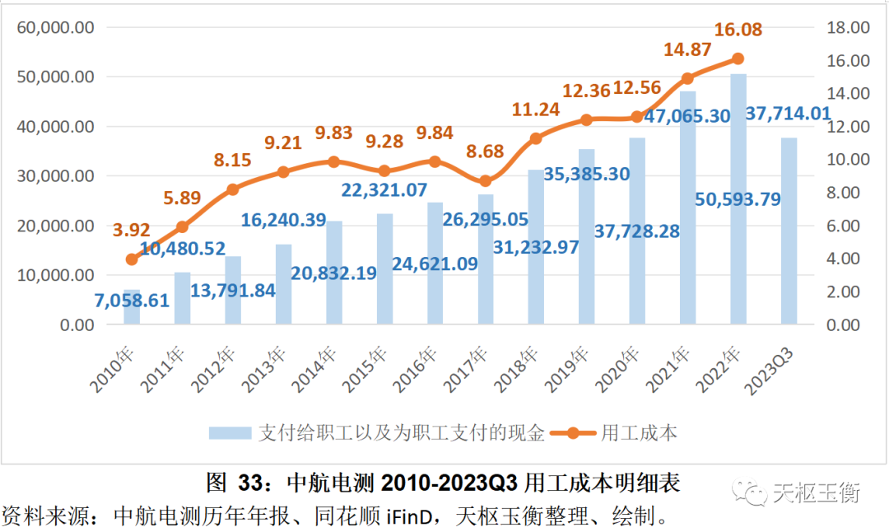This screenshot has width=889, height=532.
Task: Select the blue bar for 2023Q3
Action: coord(789,231)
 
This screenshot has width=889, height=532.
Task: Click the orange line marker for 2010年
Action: coord(132,259)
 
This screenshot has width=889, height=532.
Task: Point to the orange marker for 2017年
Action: coord(486,181)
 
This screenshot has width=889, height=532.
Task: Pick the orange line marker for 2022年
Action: coord(738,59)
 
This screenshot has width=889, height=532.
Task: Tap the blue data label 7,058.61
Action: coord(132,300)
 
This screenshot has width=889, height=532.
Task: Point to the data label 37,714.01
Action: coord(788,113)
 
